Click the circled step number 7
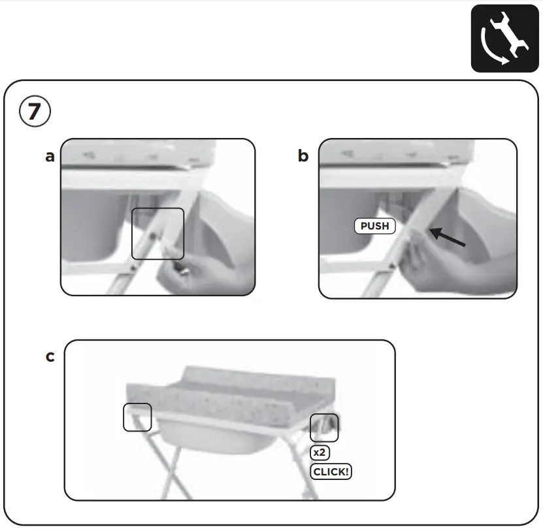coord(34,112)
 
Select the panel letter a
coord(50,157)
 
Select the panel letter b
coord(303,156)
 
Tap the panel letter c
coord(50,357)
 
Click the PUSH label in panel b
coord(375,226)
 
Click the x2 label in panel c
coord(319,452)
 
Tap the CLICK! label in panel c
coord(331,471)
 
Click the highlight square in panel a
coord(157,233)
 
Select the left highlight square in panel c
coord(137,417)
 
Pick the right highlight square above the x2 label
coord(324,428)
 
